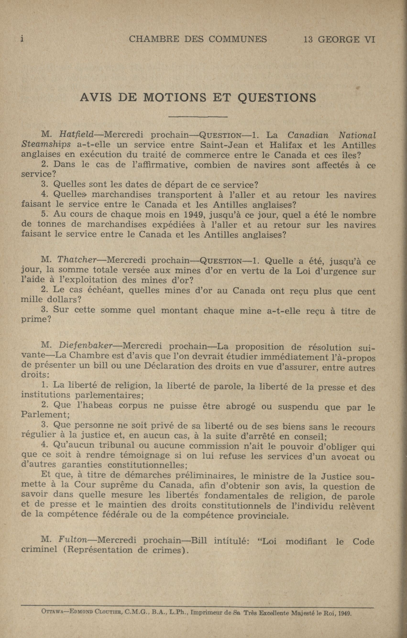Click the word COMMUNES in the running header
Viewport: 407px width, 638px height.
click(237, 39)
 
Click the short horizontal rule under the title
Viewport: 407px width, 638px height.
click(198, 117)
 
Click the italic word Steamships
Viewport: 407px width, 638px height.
click(46, 144)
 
